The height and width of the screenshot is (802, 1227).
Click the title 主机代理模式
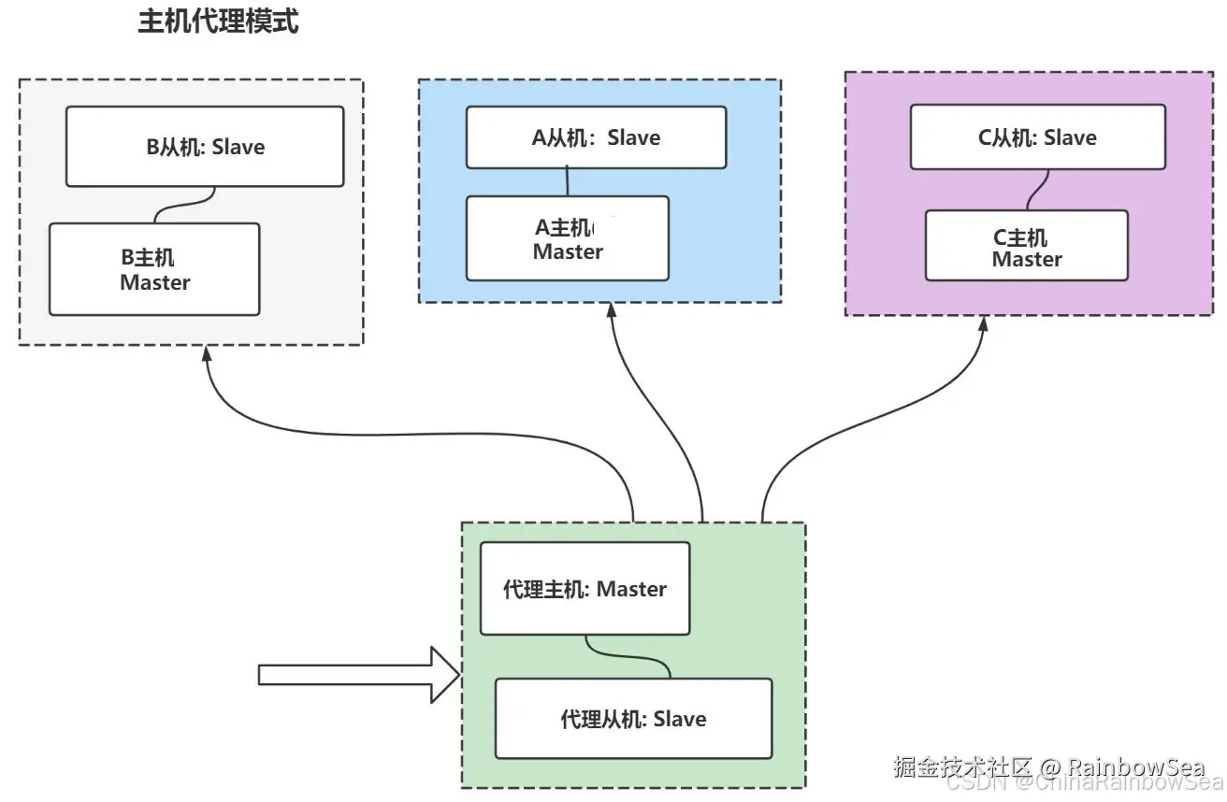click(x=218, y=22)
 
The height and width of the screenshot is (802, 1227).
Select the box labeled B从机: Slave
click(x=205, y=147)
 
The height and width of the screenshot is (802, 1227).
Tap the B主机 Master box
click(x=154, y=269)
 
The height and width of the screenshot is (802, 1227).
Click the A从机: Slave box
click(x=596, y=137)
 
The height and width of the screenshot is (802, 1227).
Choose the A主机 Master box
click(x=568, y=238)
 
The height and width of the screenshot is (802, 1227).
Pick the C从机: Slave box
click(x=1037, y=137)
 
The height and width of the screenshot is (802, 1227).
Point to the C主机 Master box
click(x=1026, y=246)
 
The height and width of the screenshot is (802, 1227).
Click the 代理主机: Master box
click(x=585, y=589)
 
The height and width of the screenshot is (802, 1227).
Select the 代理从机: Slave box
click(x=633, y=719)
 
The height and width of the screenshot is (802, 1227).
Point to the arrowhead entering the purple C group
click(x=984, y=325)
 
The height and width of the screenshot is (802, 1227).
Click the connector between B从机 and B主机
click(x=185, y=205)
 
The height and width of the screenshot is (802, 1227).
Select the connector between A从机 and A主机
click(x=567, y=182)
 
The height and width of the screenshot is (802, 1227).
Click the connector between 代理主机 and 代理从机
click(x=628, y=656)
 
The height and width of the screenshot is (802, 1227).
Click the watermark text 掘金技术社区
click(x=962, y=767)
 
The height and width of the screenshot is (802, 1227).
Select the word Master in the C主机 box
click(x=1027, y=259)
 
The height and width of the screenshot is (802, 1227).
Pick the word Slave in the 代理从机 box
click(x=679, y=719)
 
